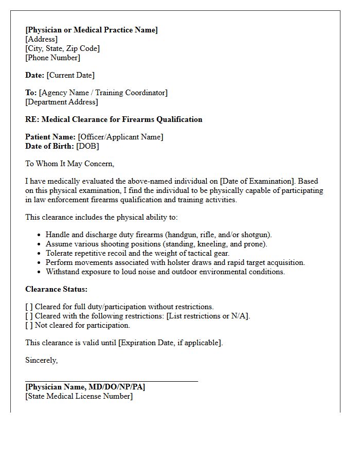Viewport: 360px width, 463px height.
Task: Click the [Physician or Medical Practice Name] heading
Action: [92, 30]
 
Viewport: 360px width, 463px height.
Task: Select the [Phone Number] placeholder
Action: [52, 58]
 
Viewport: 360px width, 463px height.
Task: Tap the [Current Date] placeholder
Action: [70, 75]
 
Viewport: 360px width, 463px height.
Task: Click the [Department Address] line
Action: [62, 102]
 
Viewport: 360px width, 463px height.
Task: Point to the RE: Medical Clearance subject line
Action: [114, 119]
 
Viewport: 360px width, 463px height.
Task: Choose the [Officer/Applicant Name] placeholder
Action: [120, 137]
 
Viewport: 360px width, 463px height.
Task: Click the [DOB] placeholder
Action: [87, 146]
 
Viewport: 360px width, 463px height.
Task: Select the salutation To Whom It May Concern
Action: [69, 164]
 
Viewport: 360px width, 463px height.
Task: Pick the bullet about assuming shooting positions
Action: [156, 244]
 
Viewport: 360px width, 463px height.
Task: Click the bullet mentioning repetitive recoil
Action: [137, 253]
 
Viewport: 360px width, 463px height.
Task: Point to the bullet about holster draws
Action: [175, 262]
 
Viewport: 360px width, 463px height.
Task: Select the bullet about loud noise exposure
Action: [165, 272]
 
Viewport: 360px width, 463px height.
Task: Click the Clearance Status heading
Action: [57, 289]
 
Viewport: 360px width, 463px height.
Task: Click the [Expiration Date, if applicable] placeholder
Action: [170, 343]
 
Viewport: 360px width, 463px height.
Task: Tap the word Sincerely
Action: [42, 360]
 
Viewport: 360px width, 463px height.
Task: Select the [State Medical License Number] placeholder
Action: [79, 396]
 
